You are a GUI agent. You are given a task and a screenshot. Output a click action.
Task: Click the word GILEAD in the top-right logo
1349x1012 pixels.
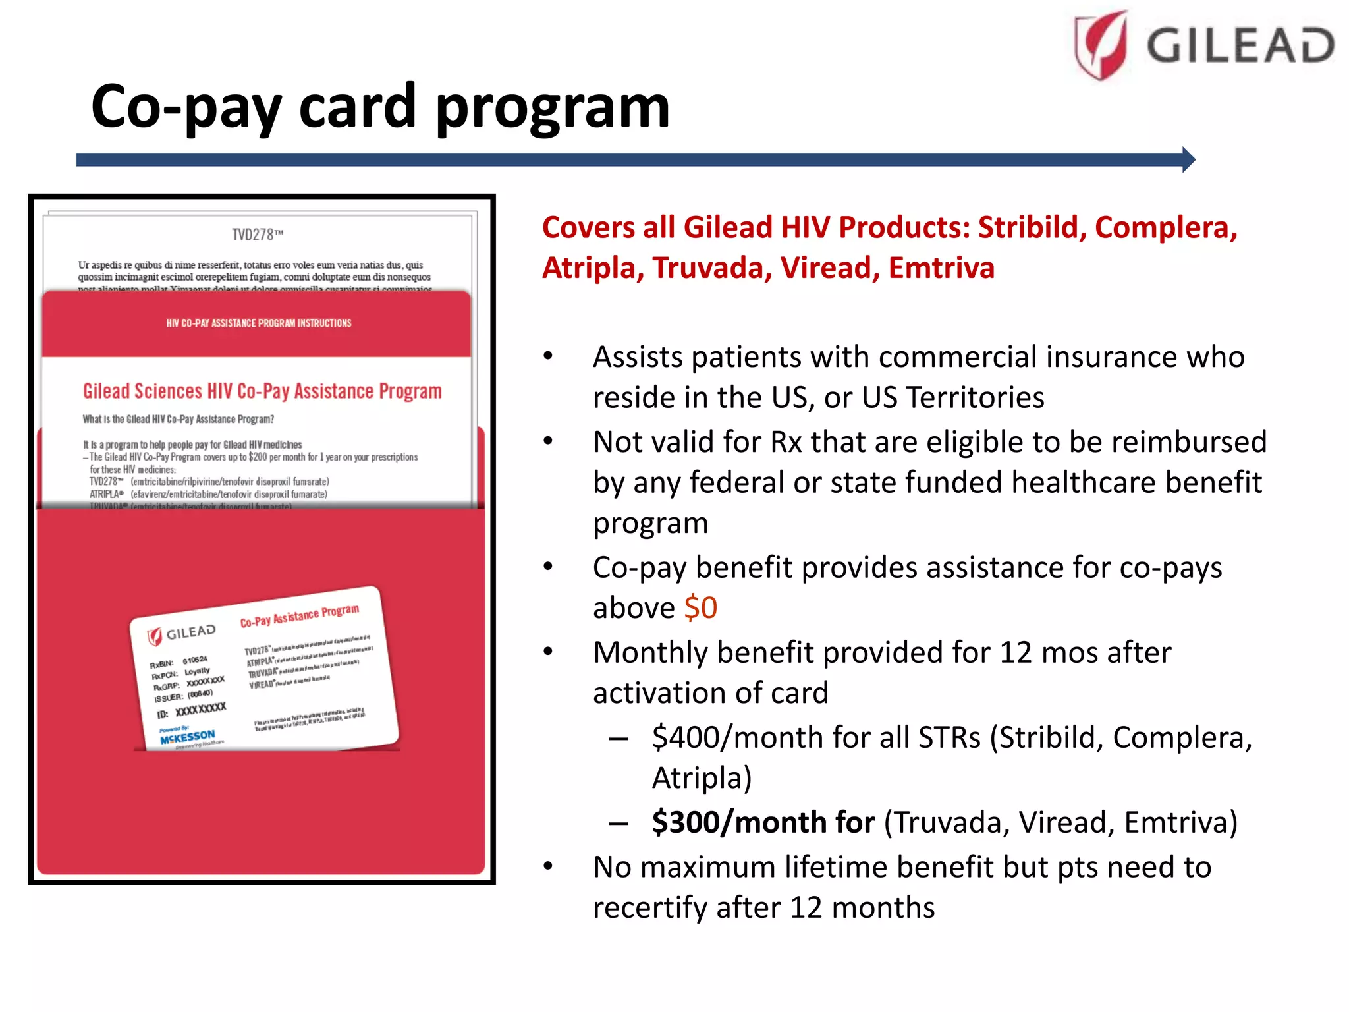tap(1240, 46)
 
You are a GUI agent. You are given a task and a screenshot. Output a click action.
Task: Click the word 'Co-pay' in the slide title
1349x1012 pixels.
tap(186, 107)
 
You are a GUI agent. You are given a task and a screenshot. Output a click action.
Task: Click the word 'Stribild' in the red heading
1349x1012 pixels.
tap(1032, 227)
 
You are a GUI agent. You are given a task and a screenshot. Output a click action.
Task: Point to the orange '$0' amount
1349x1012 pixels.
tap(700, 607)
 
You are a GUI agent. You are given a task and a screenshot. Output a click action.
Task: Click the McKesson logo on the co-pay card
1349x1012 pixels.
tap(187, 737)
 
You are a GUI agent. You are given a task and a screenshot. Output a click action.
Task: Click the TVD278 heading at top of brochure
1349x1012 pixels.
tap(258, 235)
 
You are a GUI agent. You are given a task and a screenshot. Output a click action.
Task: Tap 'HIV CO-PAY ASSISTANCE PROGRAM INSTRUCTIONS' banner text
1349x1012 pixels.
tap(258, 323)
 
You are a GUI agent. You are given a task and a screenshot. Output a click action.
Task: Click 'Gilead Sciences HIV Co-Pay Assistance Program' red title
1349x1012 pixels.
tap(262, 391)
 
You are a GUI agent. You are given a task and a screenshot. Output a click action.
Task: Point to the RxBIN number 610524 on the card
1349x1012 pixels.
tap(195, 660)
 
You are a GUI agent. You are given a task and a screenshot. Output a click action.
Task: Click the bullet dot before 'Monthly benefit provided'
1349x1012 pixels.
tap(548, 652)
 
